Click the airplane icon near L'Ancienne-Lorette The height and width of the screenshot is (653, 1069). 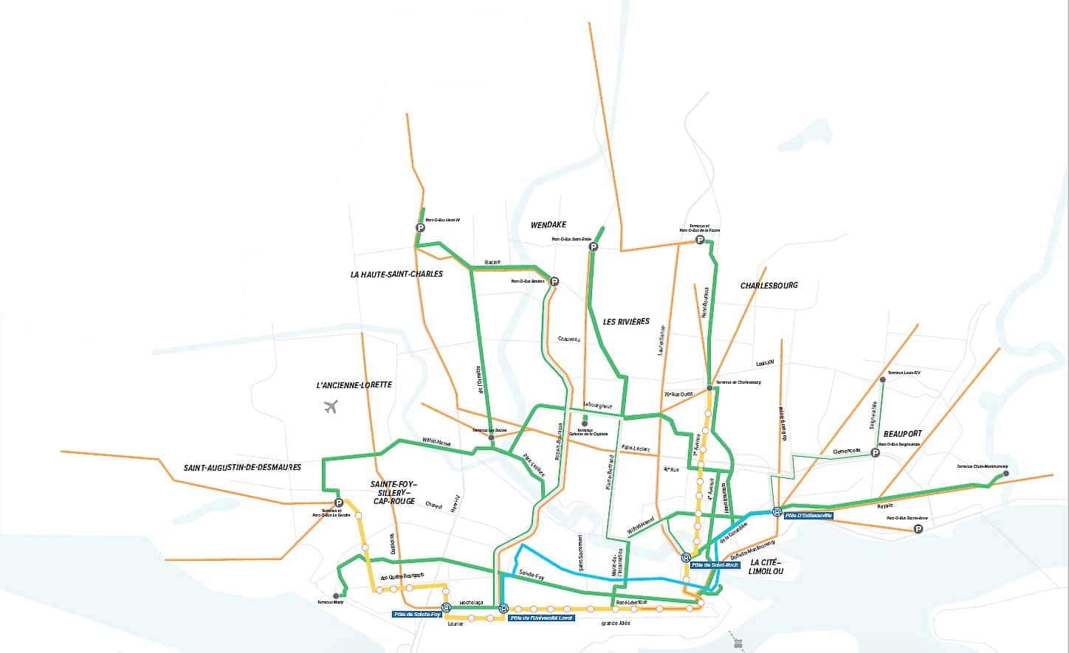(330, 406)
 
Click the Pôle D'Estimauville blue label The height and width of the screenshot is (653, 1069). (808, 515)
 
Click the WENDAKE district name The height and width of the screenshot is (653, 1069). (548, 224)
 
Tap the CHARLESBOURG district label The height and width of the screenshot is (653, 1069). (769, 286)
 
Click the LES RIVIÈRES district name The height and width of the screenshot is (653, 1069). (626, 322)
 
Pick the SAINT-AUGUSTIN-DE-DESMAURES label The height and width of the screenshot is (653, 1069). (242, 468)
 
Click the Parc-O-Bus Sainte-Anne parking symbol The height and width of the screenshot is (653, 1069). (918, 529)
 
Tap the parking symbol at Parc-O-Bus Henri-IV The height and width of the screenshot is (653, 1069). (421, 228)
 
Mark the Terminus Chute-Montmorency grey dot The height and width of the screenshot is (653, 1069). (1006, 473)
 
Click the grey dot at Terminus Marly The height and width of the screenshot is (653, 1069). (336, 595)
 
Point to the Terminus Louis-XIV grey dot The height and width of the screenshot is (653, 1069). (882, 379)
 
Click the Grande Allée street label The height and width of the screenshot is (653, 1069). (615, 623)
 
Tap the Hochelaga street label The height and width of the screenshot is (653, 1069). (470, 603)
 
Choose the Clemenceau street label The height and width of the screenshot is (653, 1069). (847, 450)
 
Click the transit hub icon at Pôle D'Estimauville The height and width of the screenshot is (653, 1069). (777, 511)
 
